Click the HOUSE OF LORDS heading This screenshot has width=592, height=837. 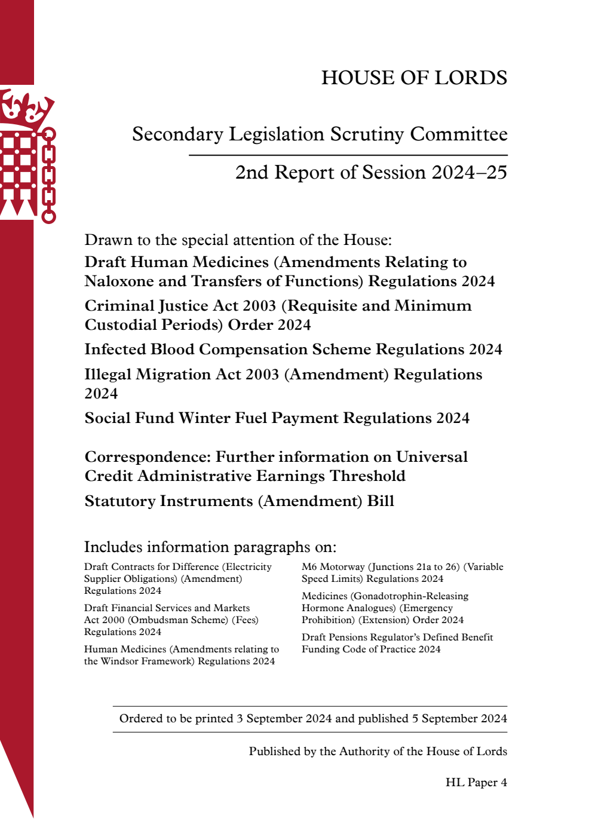[x=414, y=78]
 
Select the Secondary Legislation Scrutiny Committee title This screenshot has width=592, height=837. [x=320, y=134]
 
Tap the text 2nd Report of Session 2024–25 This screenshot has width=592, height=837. [x=371, y=173]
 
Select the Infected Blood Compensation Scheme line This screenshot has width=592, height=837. [x=293, y=349]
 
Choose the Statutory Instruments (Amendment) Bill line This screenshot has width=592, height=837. [x=239, y=501]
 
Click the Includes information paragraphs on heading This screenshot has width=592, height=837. [x=210, y=547]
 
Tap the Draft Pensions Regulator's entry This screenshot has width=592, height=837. [x=397, y=637]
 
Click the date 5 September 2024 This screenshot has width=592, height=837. [x=459, y=719]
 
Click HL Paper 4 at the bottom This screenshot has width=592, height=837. [x=476, y=783]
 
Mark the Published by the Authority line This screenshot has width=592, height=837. [x=378, y=752]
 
